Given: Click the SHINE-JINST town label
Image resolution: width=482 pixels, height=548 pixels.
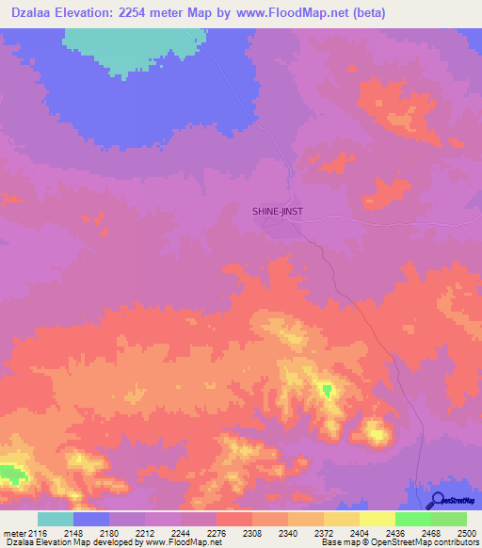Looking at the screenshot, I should [x=278, y=212].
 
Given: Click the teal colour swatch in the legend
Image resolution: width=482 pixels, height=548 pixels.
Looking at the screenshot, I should [x=56, y=519].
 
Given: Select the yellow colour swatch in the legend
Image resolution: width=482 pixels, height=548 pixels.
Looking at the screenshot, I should [x=378, y=519].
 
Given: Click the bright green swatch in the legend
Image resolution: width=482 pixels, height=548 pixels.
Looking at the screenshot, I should [x=413, y=519].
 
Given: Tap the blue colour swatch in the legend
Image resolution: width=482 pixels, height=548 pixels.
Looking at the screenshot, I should [x=91, y=519].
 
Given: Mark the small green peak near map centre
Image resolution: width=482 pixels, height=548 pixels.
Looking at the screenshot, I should [x=327, y=390].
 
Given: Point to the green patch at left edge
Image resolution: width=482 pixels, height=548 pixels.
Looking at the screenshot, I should [x=9, y=473].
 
